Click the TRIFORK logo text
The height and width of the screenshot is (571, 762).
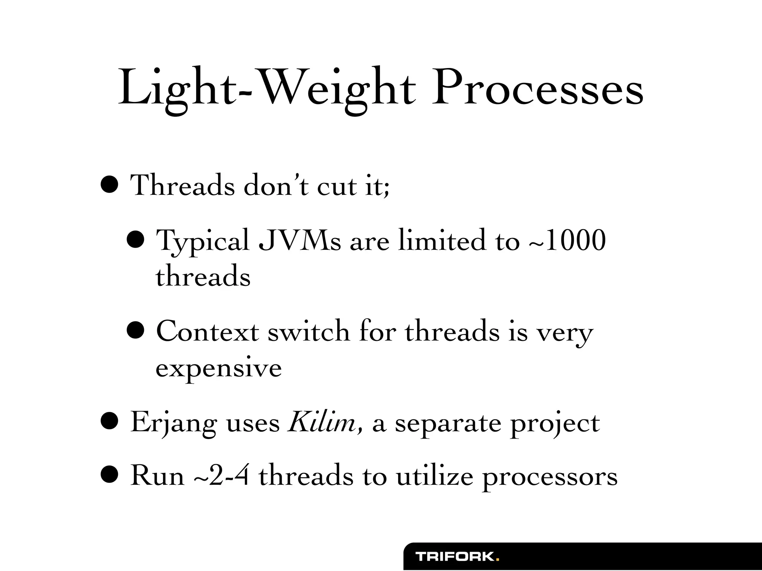pyautogui.click(x=455, y=557)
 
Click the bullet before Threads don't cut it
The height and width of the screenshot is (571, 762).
pyautogui.click(x=110, y=185)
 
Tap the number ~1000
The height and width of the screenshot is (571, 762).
pyautogui.click(x=567, y=241)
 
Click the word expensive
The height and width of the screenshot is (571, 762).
pyautogui.click(x=218, y=368)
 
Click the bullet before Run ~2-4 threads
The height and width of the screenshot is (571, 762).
pyautogui.click(x=110, y=476)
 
